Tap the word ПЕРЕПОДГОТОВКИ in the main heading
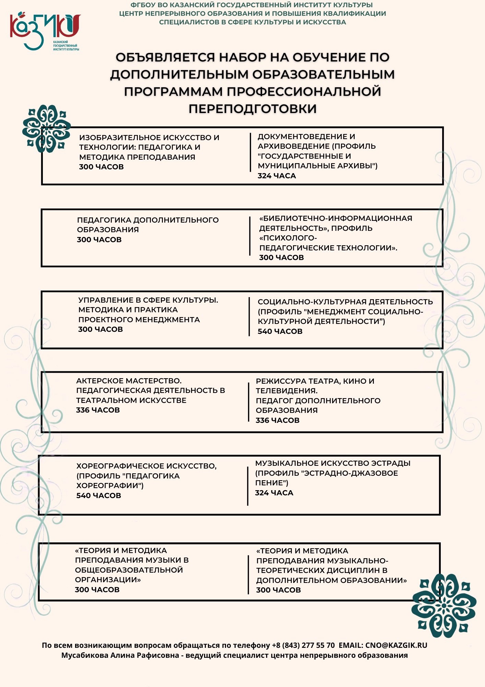coord(252,109)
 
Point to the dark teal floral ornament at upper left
coord(46,129)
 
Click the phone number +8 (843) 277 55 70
coord(303,645)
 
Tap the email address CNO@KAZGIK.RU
coord(396,645)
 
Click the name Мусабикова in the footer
coord(84,655)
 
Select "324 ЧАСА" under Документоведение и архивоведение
coord(277,176)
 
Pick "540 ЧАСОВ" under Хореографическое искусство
coord(99,495)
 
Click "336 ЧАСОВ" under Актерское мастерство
coord(98,410)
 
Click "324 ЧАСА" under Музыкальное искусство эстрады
coord(274,493)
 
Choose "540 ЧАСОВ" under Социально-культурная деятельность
coord(280,331)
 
